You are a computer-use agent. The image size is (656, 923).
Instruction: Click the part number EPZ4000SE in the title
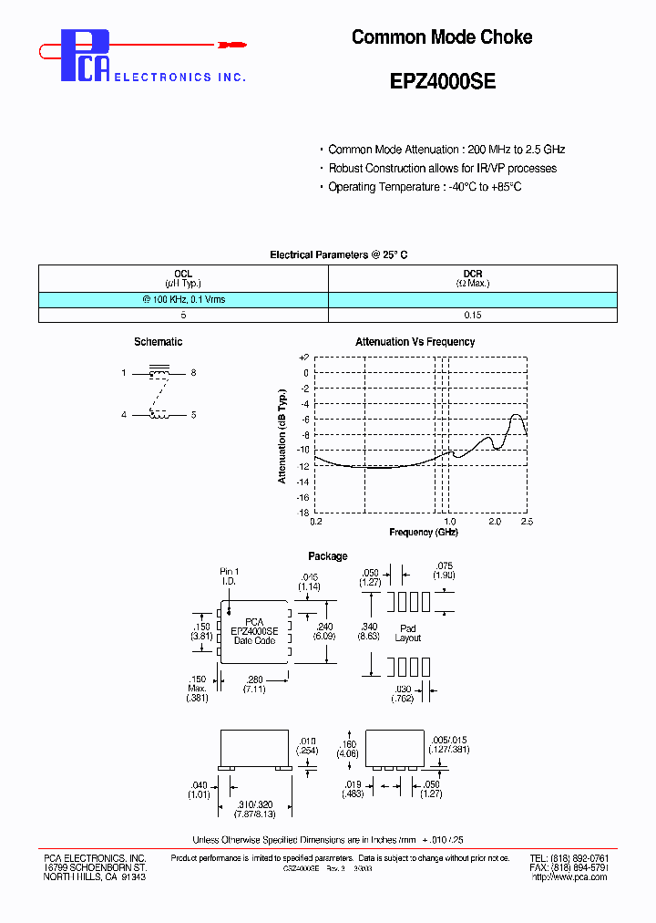442,80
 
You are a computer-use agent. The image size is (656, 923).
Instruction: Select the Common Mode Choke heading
442,37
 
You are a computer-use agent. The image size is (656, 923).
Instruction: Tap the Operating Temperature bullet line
424,187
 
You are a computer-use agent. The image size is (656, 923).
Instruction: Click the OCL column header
183,274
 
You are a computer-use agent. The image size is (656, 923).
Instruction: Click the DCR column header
472,274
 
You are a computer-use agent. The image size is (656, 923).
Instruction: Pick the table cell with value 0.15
472,315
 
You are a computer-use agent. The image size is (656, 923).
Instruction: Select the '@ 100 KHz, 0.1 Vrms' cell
183,299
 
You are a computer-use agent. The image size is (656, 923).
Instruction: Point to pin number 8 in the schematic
193,373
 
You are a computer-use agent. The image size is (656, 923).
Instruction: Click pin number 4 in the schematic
124,415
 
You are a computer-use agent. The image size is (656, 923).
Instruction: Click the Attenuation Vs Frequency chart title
415,342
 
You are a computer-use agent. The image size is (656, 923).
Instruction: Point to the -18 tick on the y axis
303,513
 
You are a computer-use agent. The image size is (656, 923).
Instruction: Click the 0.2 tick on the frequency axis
316,522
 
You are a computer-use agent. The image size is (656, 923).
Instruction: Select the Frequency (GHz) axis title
423,532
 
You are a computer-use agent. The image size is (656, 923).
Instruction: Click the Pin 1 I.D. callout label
229,576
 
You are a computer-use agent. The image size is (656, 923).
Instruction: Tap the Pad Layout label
407,633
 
